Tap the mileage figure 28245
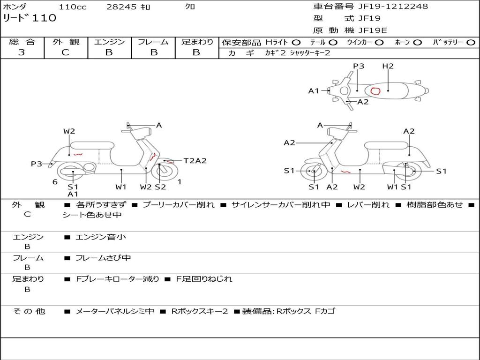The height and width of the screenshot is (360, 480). [122, 7]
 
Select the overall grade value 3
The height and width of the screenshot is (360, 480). [22, 52]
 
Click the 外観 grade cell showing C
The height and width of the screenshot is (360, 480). [65, 52]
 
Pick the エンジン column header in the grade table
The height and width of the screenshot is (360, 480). [109, 42]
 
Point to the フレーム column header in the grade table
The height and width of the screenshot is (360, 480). [153, 42]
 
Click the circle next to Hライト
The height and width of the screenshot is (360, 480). [297, 42]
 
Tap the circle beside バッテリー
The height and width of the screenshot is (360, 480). [471, 42]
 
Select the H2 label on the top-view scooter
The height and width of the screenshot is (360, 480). [388, 66]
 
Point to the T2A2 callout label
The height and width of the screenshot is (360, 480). [195, 161]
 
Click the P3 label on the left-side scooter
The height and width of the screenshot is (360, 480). [37, 164]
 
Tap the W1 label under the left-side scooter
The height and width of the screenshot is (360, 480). [121, 187]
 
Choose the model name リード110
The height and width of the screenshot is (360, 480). [30, 18]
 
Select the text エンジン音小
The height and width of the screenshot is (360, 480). [101, 237]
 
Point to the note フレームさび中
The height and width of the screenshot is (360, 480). [103, 258]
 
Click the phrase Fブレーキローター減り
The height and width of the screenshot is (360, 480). [118, 279]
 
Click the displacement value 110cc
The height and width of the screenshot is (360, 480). [72, 7]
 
